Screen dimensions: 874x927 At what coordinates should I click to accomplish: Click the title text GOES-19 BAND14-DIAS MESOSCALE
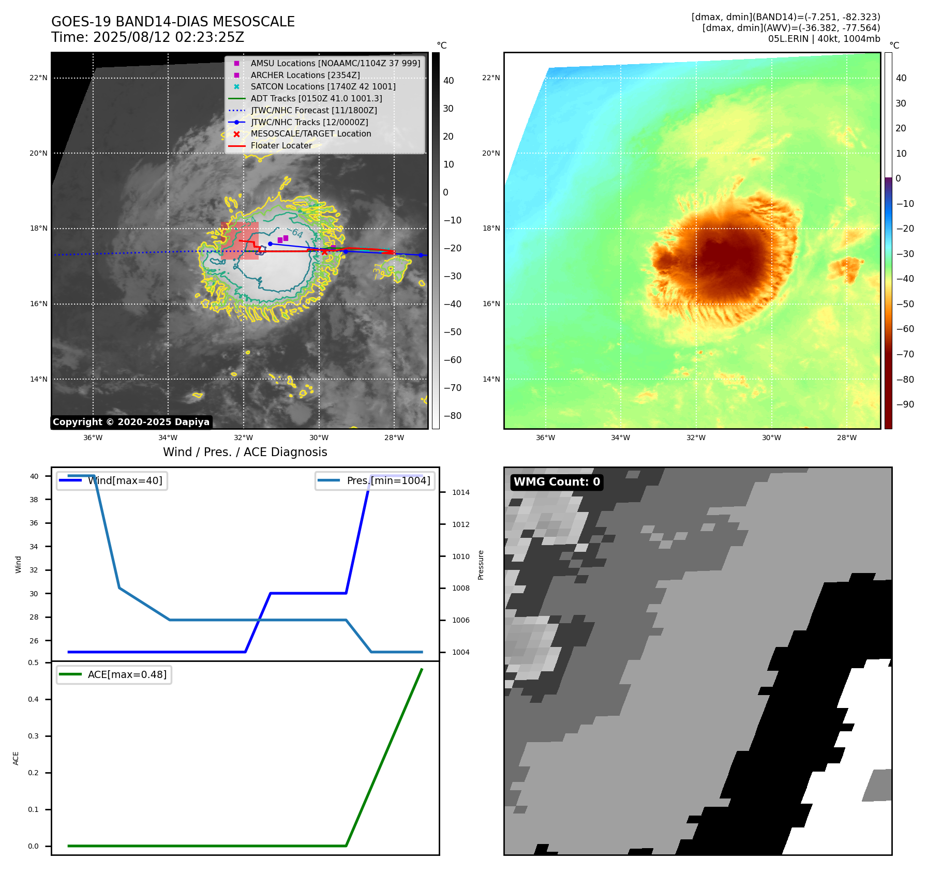point(173,22)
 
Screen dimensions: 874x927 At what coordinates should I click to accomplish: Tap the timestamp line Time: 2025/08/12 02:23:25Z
point(147,37)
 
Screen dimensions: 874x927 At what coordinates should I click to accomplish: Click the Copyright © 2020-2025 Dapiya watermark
point(131,422)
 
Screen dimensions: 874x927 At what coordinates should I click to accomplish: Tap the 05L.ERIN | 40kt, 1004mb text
point(824,39)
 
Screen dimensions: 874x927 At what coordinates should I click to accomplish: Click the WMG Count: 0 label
point(557,482)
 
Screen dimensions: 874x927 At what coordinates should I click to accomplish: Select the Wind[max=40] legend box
point(112,480)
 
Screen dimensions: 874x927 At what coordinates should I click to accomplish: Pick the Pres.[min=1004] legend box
point(375,480)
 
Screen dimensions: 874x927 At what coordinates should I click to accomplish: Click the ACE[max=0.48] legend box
point(114,674)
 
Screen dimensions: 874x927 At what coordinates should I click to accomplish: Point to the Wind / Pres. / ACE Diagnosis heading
point(245,452)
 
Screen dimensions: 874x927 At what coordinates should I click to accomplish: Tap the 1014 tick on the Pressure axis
point(460,492)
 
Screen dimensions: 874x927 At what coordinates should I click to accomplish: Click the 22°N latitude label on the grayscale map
point(38,78)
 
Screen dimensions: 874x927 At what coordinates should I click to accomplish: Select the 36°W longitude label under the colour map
point(545,438)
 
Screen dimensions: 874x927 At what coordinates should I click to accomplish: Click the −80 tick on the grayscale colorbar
point(452,416)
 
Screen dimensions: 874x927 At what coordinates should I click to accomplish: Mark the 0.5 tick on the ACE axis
point(33,662)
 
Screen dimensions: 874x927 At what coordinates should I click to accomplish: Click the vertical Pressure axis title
point(481,565)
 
